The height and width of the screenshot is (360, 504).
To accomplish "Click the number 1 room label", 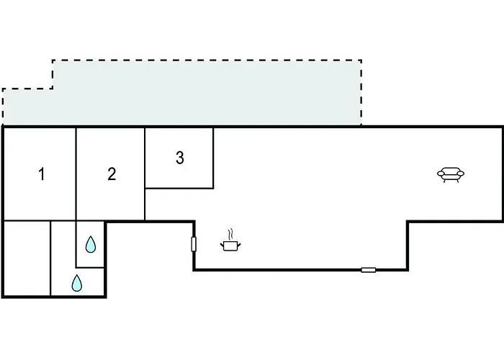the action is pos(42,174).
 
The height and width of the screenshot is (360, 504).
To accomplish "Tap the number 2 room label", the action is pos(112,174).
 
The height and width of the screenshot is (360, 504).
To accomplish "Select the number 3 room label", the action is pos(180,158).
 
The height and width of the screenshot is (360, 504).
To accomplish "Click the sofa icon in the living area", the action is pos(451,174).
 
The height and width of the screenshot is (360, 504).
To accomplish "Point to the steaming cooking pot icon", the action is pos(230,240).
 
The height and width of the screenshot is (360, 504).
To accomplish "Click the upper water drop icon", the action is pos(91,244).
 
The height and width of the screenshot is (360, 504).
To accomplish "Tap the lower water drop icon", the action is pos(76,283).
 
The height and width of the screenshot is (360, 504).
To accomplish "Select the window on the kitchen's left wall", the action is pos(194,244).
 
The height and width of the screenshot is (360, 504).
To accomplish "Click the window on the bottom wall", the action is pos(369,270).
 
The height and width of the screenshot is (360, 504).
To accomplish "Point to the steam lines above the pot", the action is pos(230,234).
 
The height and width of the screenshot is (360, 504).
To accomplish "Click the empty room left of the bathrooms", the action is pos(27,258).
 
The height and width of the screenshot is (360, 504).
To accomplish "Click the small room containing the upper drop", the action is pos(90,244).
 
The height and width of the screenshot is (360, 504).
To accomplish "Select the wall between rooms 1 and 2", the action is pos(76,174).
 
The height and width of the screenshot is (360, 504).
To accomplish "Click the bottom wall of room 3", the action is pos(179,188).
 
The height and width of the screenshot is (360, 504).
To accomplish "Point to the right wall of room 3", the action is pos(213,158).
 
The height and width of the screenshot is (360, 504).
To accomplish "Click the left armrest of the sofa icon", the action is pos(441,174).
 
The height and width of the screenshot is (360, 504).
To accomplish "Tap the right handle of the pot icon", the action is pos(239,246).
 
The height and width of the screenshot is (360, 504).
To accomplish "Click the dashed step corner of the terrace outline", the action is pos(53,89).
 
